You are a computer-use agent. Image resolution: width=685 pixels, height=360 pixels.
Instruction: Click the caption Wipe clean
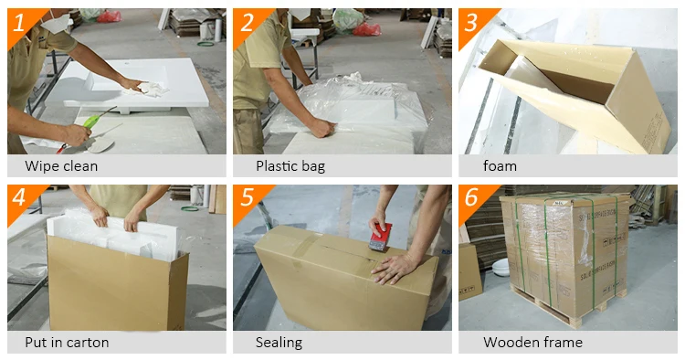pos(61,166)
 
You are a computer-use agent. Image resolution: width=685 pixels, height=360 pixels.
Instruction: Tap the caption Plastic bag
pos(290,166)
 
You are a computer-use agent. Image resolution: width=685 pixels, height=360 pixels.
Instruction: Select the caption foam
pos(500,166)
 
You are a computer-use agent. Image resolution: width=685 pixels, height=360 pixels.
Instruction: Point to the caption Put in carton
pos(67,342)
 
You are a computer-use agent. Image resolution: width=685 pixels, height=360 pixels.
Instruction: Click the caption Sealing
pos(279,343)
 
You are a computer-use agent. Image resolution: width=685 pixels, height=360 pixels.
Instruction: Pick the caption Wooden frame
pos(533,342)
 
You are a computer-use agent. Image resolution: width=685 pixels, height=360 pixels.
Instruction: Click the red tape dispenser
pos(380,237)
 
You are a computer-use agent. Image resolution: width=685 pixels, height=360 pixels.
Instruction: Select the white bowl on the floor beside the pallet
pos(501,267)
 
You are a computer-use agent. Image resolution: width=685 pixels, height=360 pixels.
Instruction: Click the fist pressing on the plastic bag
pos(322,129)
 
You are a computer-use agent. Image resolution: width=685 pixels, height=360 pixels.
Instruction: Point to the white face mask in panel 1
pos(57,23)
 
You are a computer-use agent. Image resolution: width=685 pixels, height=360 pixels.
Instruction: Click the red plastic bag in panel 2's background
pos(366,29)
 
